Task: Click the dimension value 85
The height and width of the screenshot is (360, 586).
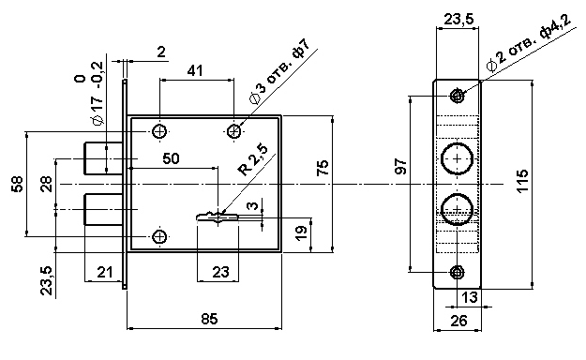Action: point(209,319)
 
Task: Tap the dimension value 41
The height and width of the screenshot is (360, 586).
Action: point(195,70)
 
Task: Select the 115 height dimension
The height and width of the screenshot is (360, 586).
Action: point(522,181)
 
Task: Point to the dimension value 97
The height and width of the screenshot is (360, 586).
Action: point(400,166)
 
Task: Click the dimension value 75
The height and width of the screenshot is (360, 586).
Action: point(323,168)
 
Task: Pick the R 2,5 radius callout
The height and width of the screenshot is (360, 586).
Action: point(253,160)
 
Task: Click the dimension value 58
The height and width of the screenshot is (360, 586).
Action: point(18,184)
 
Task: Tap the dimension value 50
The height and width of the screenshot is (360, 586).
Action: point(171,158)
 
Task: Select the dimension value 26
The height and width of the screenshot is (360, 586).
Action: point(458,320)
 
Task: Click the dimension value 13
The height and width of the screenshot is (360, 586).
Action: point(470,297)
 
